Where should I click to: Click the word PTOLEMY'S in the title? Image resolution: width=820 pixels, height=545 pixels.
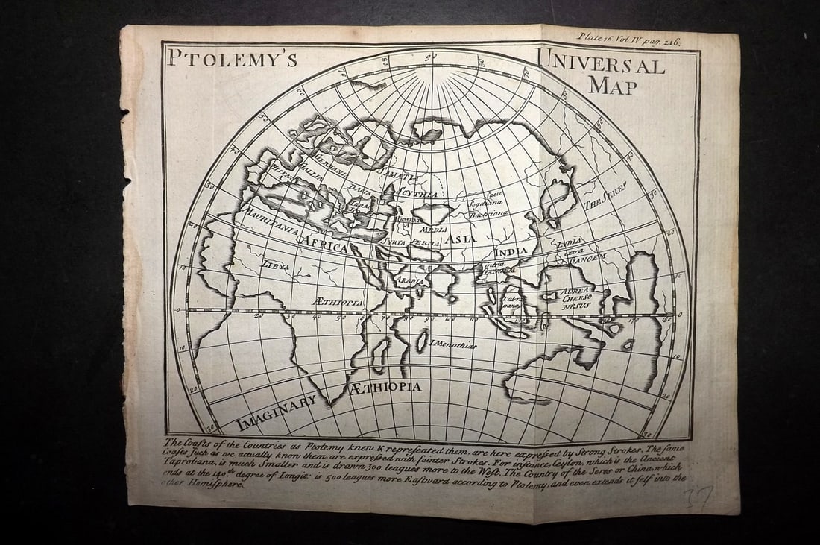coord(232,59)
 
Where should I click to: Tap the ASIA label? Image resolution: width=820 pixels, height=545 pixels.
coord(461,239)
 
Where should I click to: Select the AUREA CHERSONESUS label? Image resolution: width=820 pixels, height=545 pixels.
coord(575,297)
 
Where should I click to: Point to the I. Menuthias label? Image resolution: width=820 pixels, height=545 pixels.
coord(453,344)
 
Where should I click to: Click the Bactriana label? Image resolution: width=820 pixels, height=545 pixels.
coord(489,213)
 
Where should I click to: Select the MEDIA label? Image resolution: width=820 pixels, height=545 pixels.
coord(434,230)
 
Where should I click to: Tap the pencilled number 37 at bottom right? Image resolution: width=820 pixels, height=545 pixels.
coord(700,496)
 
